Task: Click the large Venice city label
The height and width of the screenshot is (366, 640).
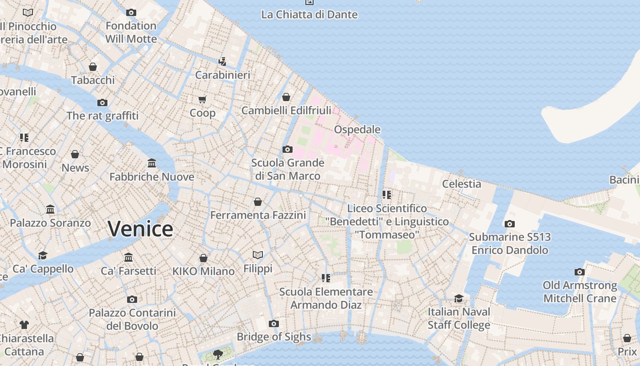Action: click(140, 228)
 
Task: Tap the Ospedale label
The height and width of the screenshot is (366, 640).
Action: click(357, 129)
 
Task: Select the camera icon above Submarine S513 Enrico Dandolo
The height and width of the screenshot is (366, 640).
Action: click(509, 224)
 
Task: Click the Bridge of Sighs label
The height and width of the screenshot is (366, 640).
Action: click(273, 337)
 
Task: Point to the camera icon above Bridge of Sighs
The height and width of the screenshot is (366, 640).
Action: click(273, 323)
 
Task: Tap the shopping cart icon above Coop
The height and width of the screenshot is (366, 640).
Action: click(202, 99)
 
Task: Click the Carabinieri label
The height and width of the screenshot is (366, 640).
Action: click(222, 75)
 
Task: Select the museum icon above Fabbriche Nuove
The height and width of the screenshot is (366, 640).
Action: click(152, 163)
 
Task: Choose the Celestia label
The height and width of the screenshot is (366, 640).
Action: click(461, 184)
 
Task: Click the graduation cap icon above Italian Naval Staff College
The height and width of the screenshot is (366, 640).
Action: click(459, 299)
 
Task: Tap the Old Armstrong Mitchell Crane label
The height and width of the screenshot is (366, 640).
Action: click(579, 292)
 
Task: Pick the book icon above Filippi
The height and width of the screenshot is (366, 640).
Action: click(258, 255)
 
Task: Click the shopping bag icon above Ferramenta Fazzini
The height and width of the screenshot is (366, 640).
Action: click(258, 202)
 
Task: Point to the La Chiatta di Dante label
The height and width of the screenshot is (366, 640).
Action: click(309, 15)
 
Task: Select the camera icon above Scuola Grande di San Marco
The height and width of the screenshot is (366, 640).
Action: click(287, 149)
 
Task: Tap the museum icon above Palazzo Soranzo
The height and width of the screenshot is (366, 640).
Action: click(50, 210)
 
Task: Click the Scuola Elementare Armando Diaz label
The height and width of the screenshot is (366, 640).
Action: click(326, 298)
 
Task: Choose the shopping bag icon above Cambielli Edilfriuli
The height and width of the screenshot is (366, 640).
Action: click(286, 97)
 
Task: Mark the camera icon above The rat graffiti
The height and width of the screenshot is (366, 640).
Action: click(102, 102)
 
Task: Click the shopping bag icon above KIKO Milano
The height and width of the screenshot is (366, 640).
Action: click(203, 258)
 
